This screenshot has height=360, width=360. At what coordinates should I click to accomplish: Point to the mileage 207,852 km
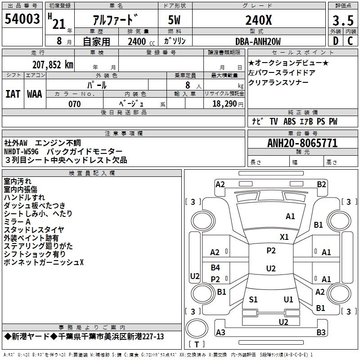[x=53, y=64]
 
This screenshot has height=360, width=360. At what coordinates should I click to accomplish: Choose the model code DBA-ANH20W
[x=258, y=41]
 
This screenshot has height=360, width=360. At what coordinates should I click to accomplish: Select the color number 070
[x=74, y=104]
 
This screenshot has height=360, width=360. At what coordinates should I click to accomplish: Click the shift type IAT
[x=13, y=94]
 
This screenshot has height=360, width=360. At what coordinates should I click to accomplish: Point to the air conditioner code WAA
[x=35, y=94]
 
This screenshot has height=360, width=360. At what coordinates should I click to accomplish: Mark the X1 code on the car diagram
[x=284, y=237]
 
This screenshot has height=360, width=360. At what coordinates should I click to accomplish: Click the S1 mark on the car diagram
[x=253, y=299]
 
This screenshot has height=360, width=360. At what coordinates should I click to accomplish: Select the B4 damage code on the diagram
[x=216, y=268]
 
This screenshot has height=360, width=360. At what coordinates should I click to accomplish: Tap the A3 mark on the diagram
[x=220, y=332]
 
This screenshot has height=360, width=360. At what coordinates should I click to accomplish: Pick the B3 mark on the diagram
[x=321, y=332]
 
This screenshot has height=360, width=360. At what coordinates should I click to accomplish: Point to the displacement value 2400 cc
[x=137, y=41]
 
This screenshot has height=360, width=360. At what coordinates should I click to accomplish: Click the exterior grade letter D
[x=335, y=41]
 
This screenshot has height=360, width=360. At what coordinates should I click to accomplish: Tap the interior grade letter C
[x=350, y=41]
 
